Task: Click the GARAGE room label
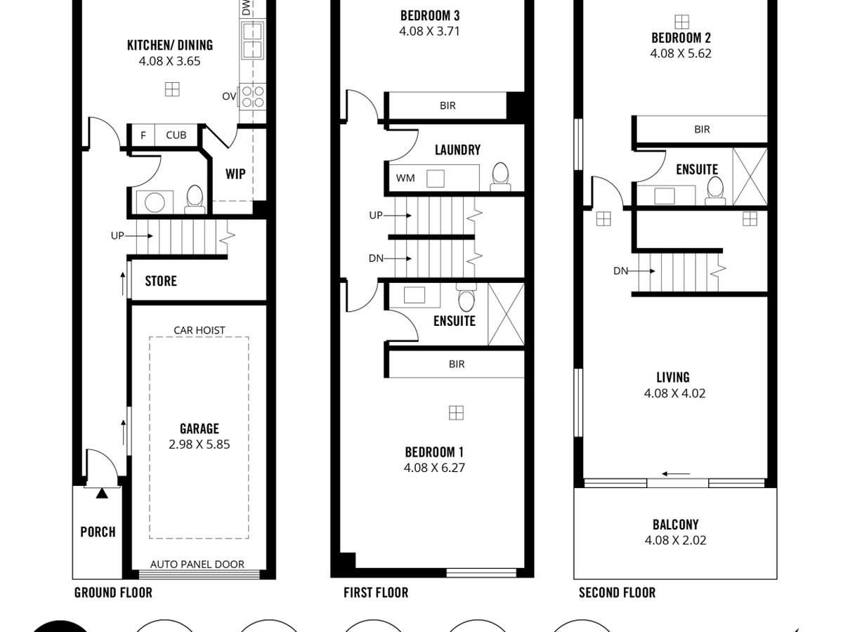[200, 428]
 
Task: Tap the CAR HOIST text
[200, 330]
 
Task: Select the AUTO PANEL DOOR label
[197, 564]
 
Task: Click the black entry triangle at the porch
[102, 493]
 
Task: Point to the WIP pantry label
[235, 174]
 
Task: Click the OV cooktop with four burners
[253, 96]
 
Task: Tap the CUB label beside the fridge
[176, 135]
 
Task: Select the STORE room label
[161, 281]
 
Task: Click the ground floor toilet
[195, 199]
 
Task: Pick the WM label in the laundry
[405, 178]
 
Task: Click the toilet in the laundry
[500, 176]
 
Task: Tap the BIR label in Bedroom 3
[447, 105]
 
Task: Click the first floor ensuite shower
[507, 315]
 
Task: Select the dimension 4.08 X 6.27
[434, 468]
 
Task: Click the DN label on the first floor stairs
[376, 258]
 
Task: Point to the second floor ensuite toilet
[715, 190]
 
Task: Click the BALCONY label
[675, 524]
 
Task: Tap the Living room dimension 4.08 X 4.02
[674, 393]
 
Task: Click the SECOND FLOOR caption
[617, 593]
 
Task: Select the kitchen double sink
[252, 40]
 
